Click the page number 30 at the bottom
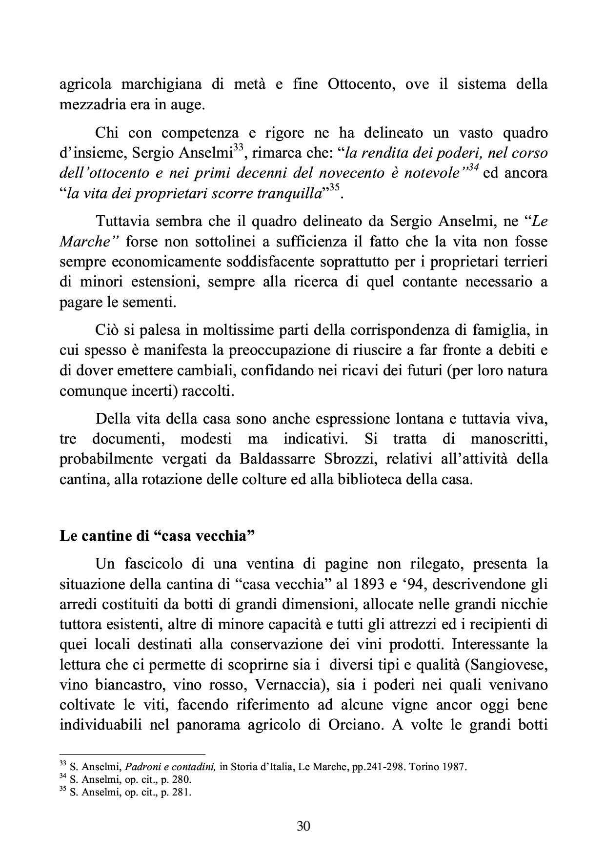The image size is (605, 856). [303, 826]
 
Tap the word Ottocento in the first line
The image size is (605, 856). [356, 84]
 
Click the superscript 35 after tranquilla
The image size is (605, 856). [333, 187]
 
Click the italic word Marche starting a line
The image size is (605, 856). [86, 242]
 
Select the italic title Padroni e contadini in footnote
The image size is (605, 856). [172, 767]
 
